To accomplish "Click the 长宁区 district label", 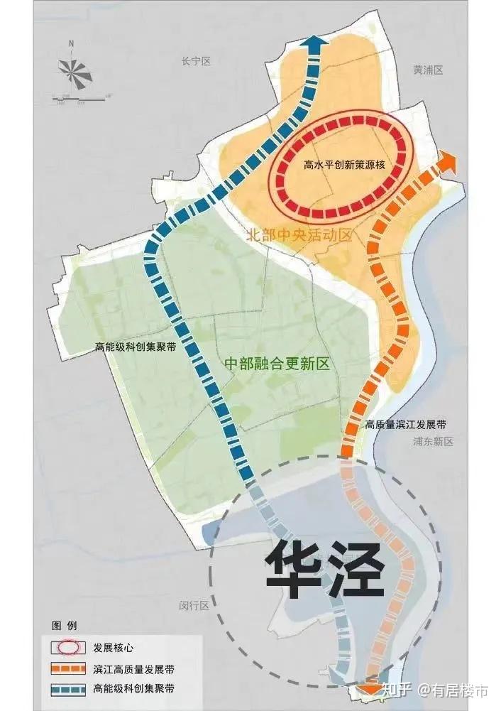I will [x=197, y=62].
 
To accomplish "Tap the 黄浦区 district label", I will [x=428, y=70].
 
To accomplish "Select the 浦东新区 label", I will [x=432, y=441].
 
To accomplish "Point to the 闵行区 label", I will [x=194, y=606].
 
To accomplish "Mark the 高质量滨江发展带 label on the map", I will [x=405, y=425].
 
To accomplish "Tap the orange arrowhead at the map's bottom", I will [x=372, y=687].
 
